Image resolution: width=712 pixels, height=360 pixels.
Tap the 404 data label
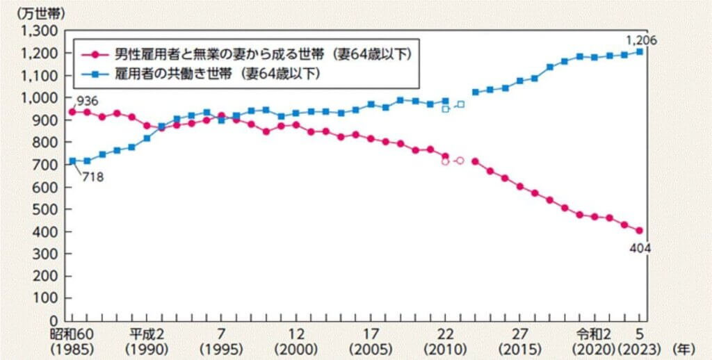point(638,246)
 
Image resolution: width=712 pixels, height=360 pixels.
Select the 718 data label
point(92,178)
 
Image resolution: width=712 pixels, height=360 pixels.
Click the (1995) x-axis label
point(220,347)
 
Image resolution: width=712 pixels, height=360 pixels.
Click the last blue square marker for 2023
point(639,51)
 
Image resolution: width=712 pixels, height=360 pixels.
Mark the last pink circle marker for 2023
point(639,231)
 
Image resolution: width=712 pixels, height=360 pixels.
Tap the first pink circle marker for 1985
point(72,112)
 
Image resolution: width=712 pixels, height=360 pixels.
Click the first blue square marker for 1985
point(72,161)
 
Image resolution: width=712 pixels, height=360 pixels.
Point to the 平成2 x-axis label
point(145,334)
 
